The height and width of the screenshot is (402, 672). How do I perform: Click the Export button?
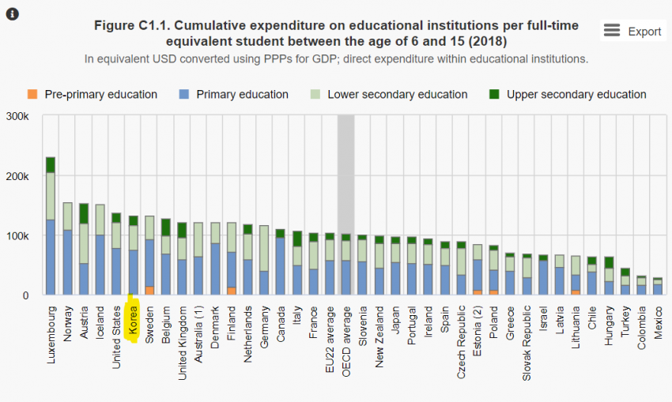coord(632,31)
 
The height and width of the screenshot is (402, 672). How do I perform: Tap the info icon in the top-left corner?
coord(13,13)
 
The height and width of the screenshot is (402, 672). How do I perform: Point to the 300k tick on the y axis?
coord(17,116)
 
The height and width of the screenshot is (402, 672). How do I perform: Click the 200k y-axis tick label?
coord(17,176)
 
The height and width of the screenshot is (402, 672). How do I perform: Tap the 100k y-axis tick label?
coord(17,236)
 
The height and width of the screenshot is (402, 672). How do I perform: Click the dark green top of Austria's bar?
coord(84,213)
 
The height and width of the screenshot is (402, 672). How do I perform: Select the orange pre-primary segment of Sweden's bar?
coord(149,291)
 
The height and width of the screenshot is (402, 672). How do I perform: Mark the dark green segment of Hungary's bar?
coord(609,262)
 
